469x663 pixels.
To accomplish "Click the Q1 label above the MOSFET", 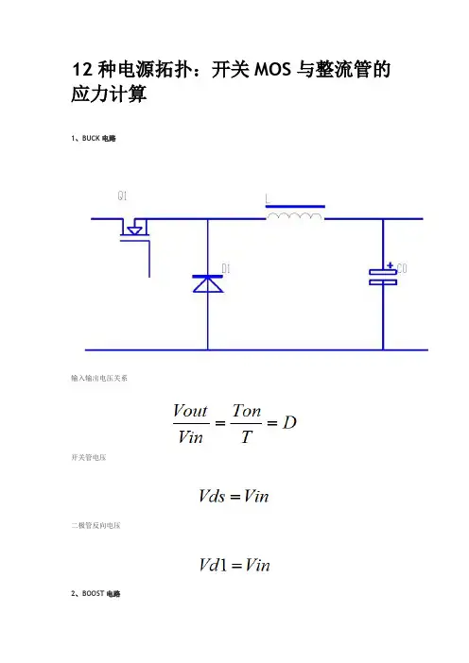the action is [x=122, y=195].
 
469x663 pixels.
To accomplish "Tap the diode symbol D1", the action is [x=207, y=283].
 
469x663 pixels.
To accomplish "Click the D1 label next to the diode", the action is [x=226, y=268].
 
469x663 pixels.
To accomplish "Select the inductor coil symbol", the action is [x=295, y=216].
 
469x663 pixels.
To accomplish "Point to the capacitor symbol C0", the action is [x=383, y=277].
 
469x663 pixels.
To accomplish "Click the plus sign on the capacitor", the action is [x=391, y=265].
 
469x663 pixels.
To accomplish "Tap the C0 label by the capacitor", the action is [x=402, y=268].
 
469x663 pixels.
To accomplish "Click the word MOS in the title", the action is [x=272, y=70].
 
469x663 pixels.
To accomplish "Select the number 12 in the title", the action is [x=82, y=70].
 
